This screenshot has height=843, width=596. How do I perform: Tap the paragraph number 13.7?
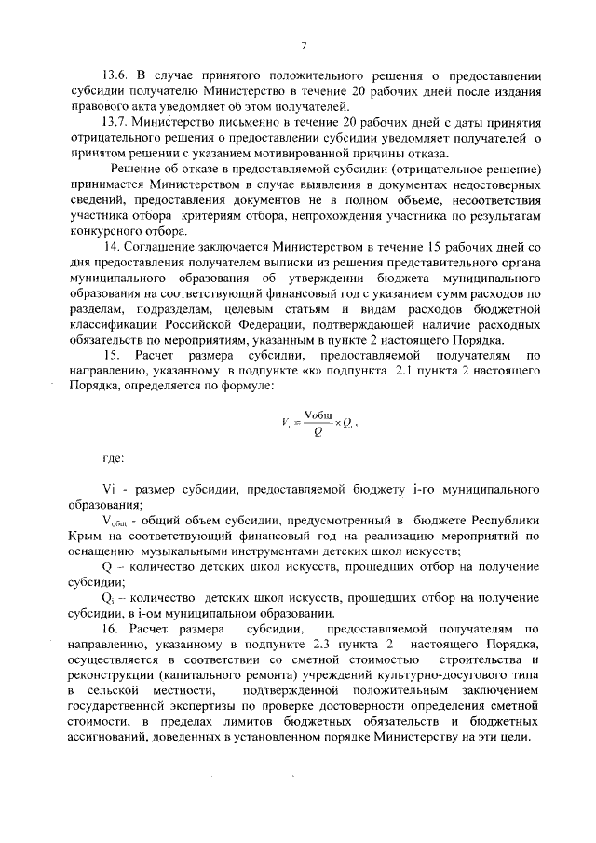coord(116,122)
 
